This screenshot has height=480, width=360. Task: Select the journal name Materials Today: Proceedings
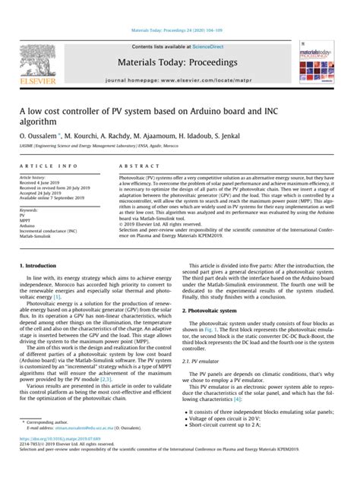(x=179, y=61)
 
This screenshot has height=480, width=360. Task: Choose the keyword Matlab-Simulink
(x=36, y=235)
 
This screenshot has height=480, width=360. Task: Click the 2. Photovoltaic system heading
(x=220, y=311)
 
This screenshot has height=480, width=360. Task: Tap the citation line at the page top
(x=179, y=32)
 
